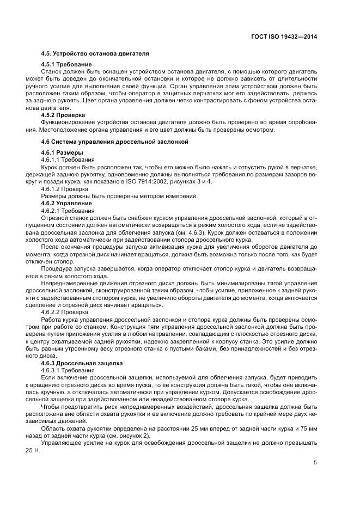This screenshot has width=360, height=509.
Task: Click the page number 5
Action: [315, 463]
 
